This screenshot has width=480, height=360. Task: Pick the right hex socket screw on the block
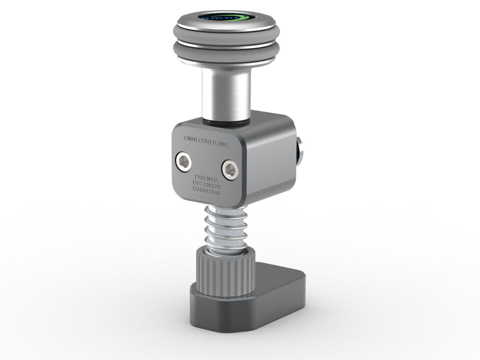click(230, 170)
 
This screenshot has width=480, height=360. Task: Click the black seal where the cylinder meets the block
click(227, 120)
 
